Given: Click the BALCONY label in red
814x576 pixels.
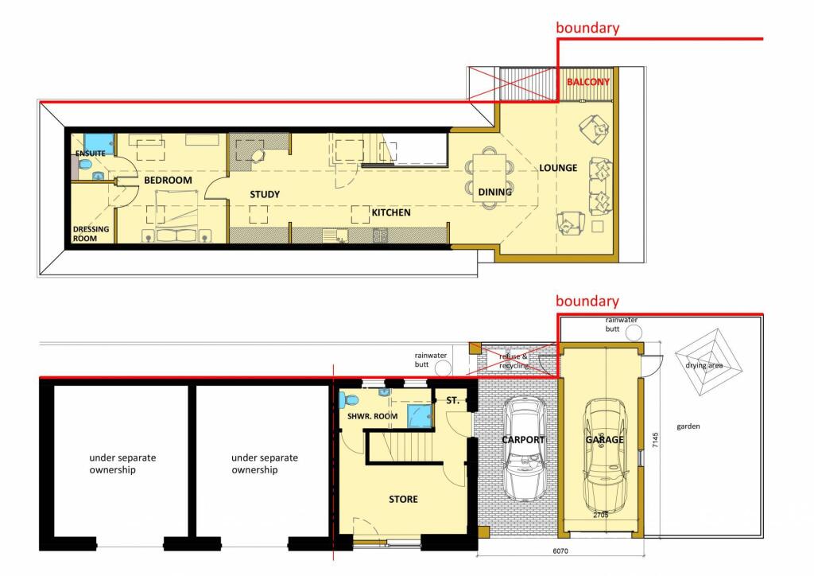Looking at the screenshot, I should point(588,82).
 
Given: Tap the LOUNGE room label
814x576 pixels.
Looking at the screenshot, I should point(558,168).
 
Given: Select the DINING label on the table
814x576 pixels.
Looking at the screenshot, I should point(494,192).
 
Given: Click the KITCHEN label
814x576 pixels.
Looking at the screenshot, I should point(391,212).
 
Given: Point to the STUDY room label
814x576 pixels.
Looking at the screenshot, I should point(265,194).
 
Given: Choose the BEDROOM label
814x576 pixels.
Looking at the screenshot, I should point(168,181).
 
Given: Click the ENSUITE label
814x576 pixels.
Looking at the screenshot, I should point(91,154).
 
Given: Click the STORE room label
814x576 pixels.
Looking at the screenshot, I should point(403,500).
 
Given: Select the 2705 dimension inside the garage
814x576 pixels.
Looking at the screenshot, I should point(602,516).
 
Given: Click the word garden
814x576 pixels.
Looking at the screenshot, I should point(688,426).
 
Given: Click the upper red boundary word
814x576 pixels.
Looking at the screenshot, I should point(587,28).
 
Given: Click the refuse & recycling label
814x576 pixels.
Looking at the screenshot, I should point(514,361).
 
